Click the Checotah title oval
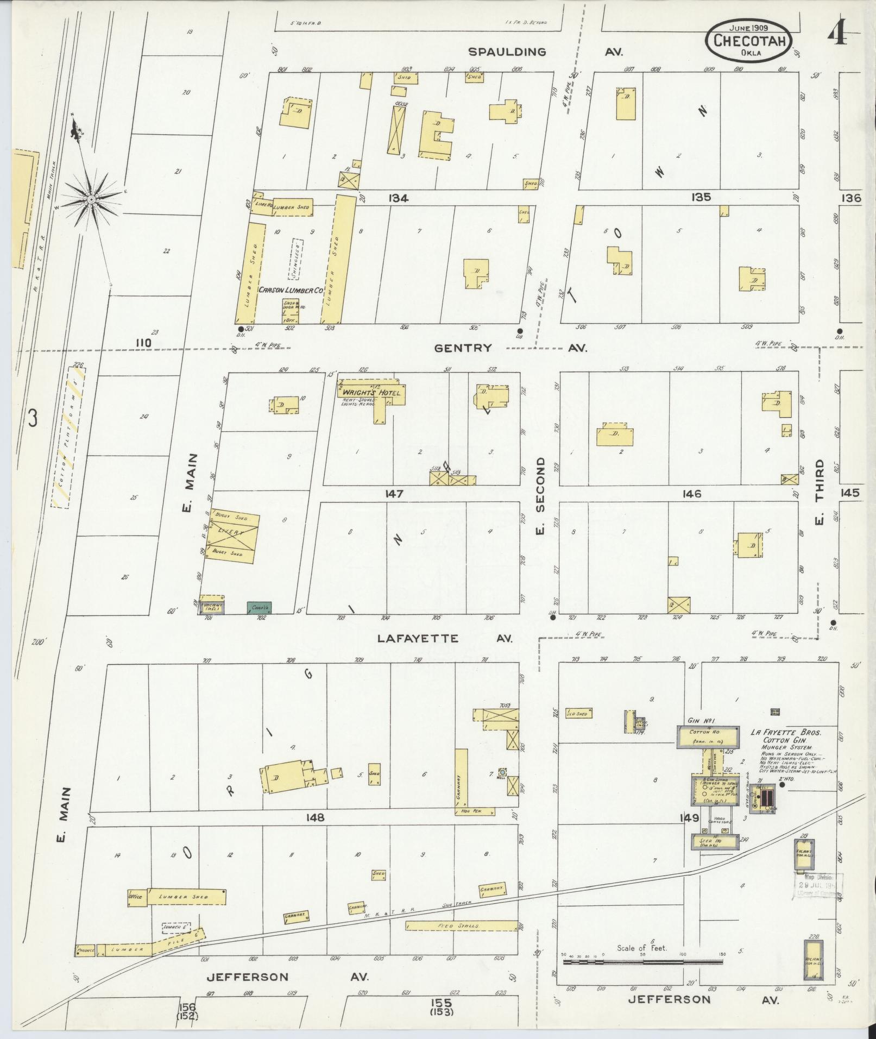[748, 41]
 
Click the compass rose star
[91, 200]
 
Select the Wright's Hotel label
[371, 392]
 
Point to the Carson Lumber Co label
[291, 291]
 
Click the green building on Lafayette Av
[259, 608]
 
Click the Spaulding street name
[507, 52]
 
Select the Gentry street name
[463, 348]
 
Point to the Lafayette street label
[418, 639]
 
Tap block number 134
[398, 199]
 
